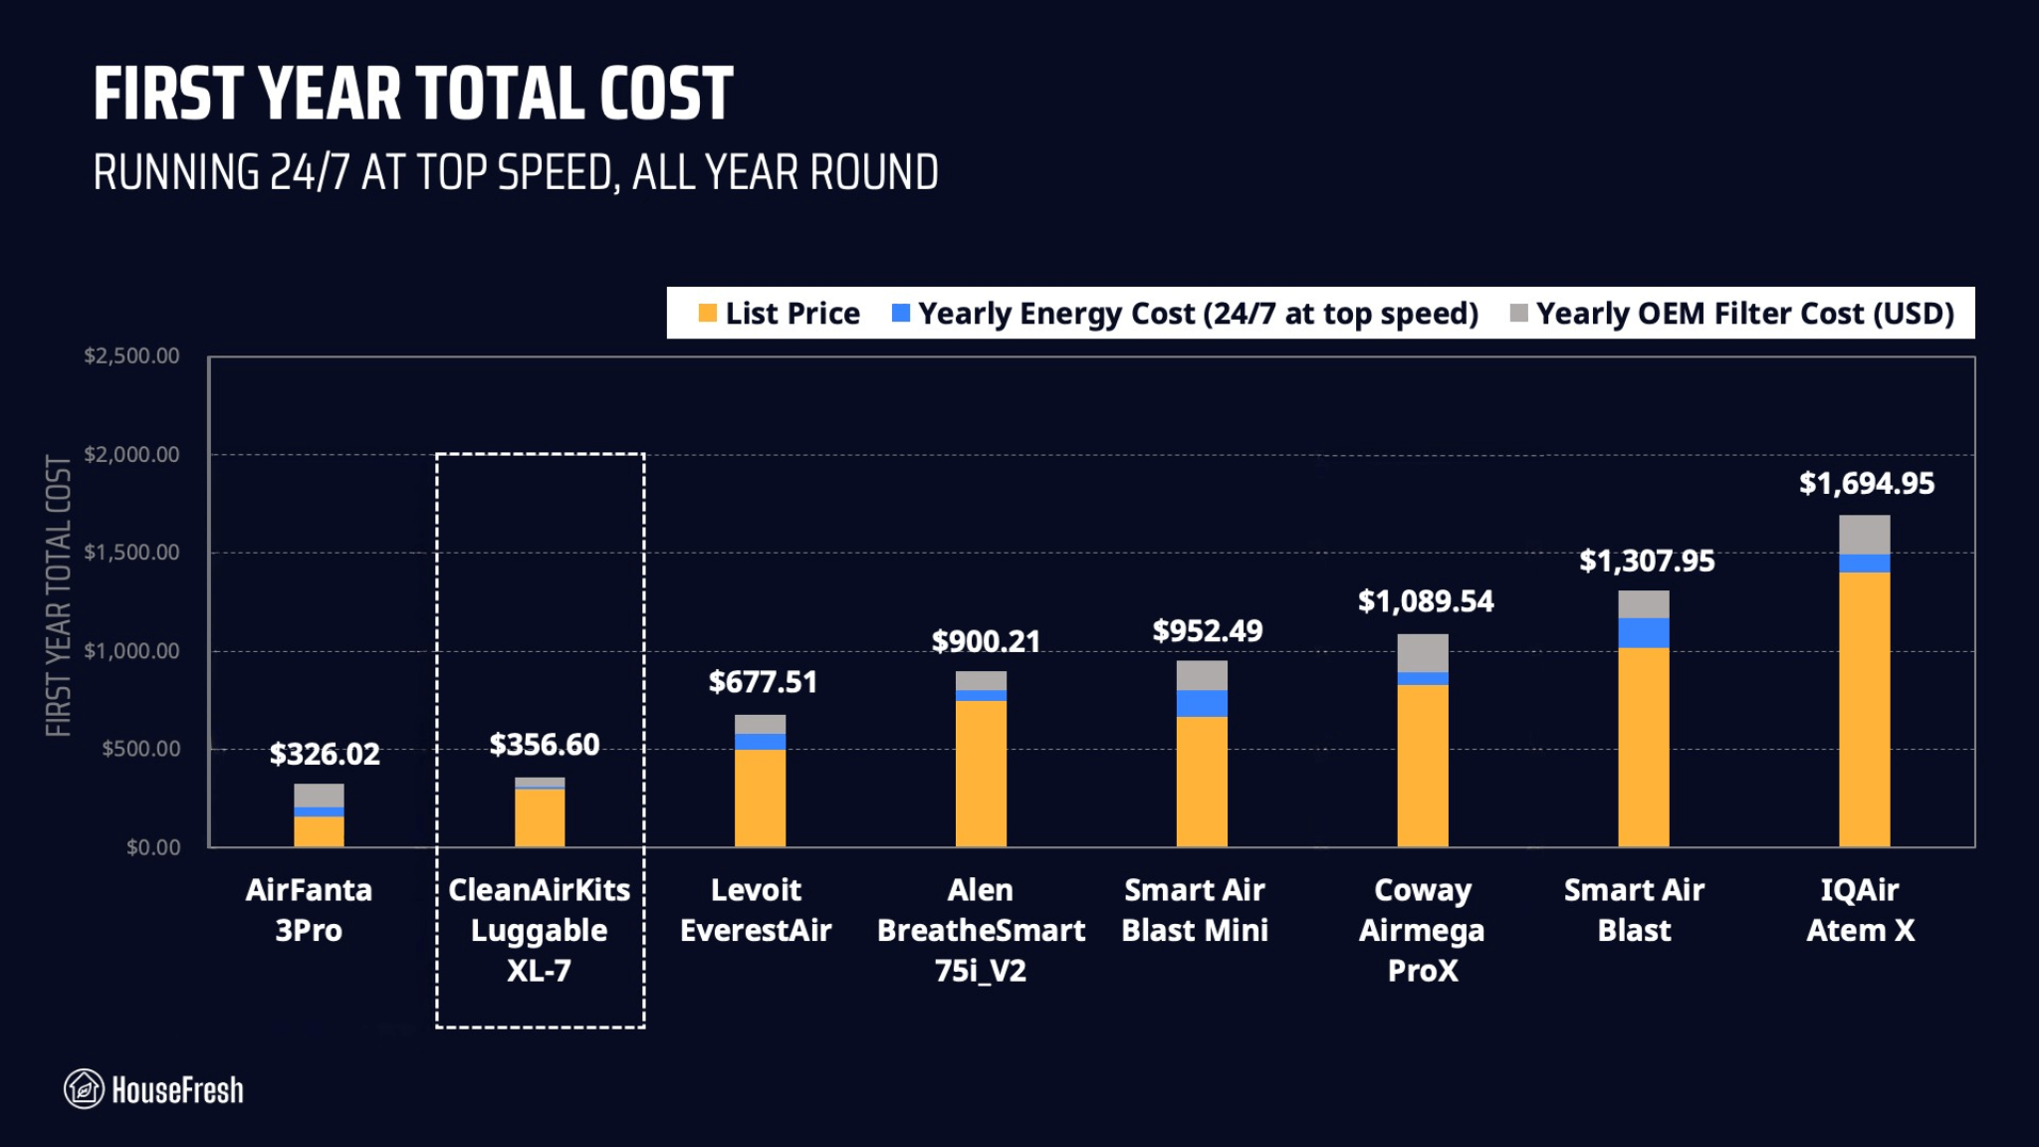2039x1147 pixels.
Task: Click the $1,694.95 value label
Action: [1866, 484]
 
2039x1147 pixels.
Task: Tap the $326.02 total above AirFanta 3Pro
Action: [325, 754]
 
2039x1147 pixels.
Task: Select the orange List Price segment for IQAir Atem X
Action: [1864, 709]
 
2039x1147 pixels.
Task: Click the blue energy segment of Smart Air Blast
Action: [1643, 632]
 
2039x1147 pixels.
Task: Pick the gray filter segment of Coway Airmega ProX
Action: [1423, 653]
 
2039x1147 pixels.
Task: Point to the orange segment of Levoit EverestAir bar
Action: [760, 798]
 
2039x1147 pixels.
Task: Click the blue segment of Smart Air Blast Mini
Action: [1202, 703]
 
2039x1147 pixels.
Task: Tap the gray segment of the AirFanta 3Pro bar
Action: [319, 795]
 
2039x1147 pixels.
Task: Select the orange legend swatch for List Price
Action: [708, 314]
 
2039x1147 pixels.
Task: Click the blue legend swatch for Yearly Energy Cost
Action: [901, 314]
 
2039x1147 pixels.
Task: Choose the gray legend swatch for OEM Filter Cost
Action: [1518, 314]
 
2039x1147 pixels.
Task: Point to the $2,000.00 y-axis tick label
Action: [132, 455]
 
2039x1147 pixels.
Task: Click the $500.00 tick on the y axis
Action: [141, 749]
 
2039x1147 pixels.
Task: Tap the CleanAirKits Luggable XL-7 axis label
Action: [539, 930]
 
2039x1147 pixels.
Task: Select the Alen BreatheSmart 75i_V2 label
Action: [981, 930]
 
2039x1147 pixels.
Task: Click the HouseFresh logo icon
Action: [84, 1089]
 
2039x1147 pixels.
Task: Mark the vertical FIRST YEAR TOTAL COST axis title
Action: [59, 595]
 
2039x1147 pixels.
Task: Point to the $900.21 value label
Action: [986, 641]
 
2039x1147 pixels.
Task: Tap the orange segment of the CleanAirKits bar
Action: [540, 817]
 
